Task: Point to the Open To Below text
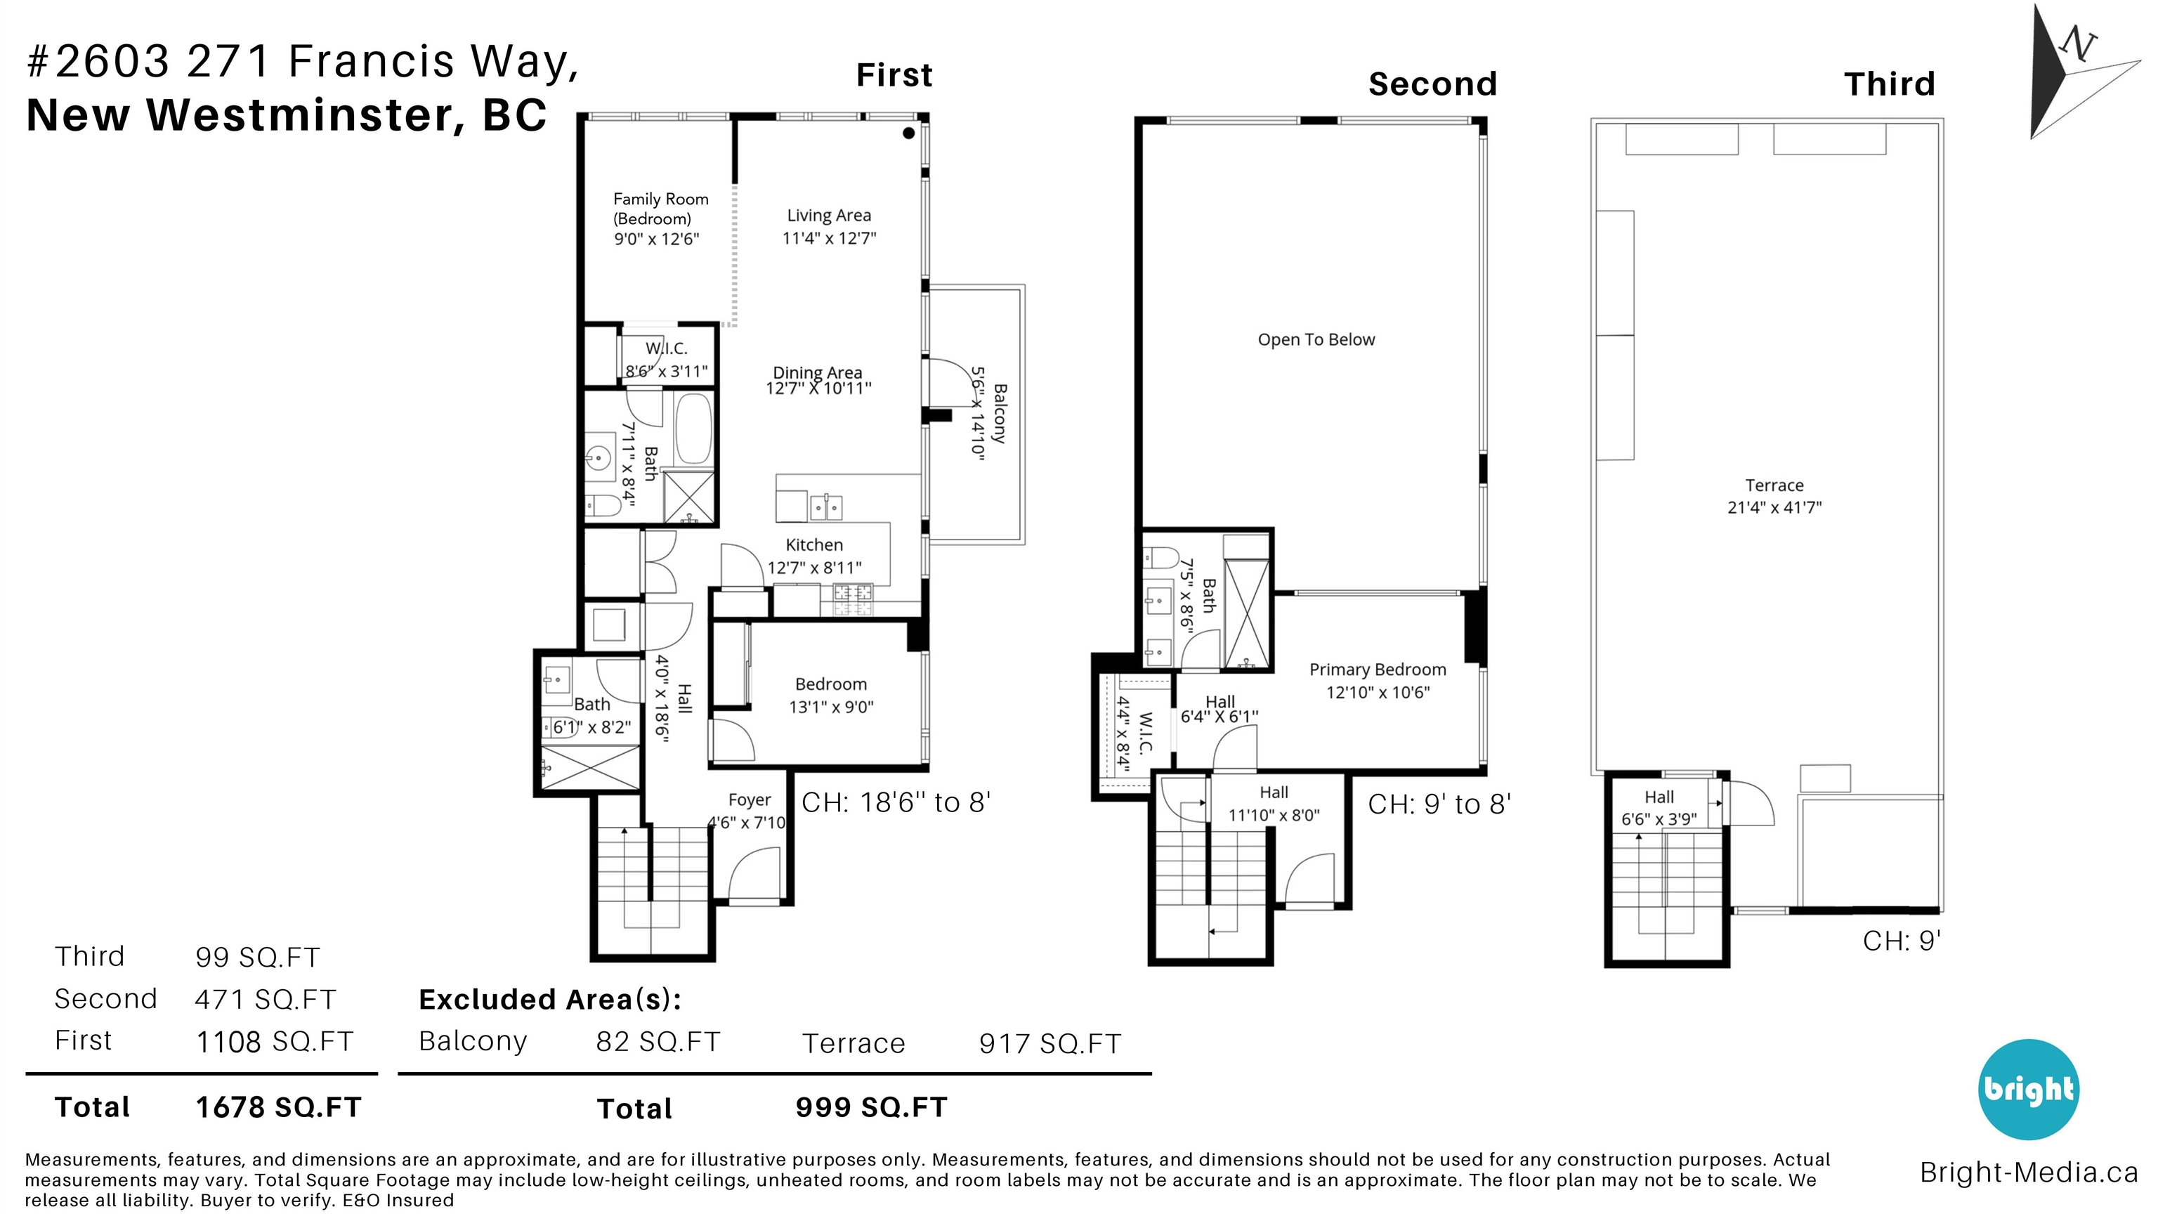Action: point(1316,339)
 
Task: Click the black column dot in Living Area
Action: point(909,132)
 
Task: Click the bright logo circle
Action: point(2028,1089)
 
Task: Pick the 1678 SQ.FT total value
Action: point(278,1108)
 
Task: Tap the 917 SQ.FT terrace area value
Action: point(1049,1044)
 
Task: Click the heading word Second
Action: point(1432,84)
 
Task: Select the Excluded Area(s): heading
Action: point(549,1000)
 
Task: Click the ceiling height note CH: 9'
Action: point(1902,941)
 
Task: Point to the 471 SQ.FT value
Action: point(266,1000)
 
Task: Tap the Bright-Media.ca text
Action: point(2028,1172)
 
